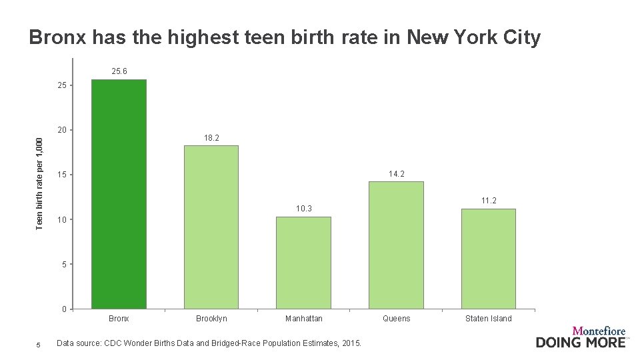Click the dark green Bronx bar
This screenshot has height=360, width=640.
(119, 194)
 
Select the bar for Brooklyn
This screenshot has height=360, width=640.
(211, 227)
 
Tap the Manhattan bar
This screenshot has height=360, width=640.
(304, 263)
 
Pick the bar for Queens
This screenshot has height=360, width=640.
(396, 245)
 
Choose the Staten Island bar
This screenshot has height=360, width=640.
(489, 259)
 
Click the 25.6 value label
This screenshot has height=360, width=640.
(119, 71)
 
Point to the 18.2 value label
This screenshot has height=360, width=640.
(211, 138)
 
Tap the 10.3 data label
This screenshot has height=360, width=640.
(304, 209)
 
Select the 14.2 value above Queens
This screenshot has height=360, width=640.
(396, 174)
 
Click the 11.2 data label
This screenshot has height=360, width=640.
(489, 201)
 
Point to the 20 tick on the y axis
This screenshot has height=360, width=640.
(62, 130)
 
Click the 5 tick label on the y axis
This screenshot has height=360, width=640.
(65, 264)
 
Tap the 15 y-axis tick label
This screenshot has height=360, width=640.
(62, 175)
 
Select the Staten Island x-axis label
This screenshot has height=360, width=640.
(489, 319)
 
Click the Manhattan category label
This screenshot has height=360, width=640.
(304, 319)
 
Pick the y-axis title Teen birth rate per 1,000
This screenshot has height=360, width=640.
(39, 184)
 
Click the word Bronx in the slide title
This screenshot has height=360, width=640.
(57, 37)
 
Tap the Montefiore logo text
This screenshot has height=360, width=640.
(599, 331)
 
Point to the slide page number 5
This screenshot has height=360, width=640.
(39, 345)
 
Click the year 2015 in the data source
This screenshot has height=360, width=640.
(351, 343)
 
